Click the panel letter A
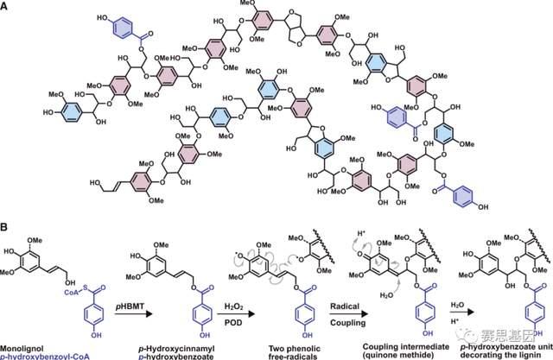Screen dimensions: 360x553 pos(5,6)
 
